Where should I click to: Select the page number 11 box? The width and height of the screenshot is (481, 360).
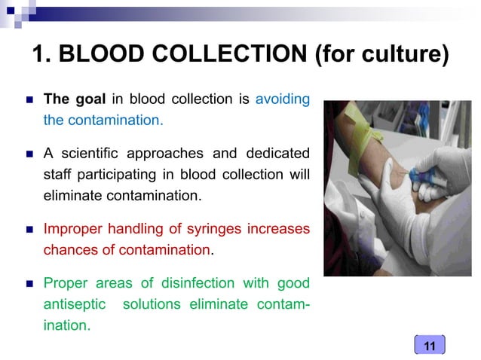(x=430, y=346)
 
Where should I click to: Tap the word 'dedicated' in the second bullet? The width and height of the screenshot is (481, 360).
(x=276, y=154)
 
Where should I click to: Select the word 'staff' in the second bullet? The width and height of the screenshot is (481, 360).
(x=59, y=175)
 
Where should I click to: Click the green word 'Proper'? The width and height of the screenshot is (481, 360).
(x=65, y=283)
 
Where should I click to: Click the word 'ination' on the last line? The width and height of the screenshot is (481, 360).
(x=67, y=327)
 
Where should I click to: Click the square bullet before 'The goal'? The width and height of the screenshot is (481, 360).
(x=29, y=99)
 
